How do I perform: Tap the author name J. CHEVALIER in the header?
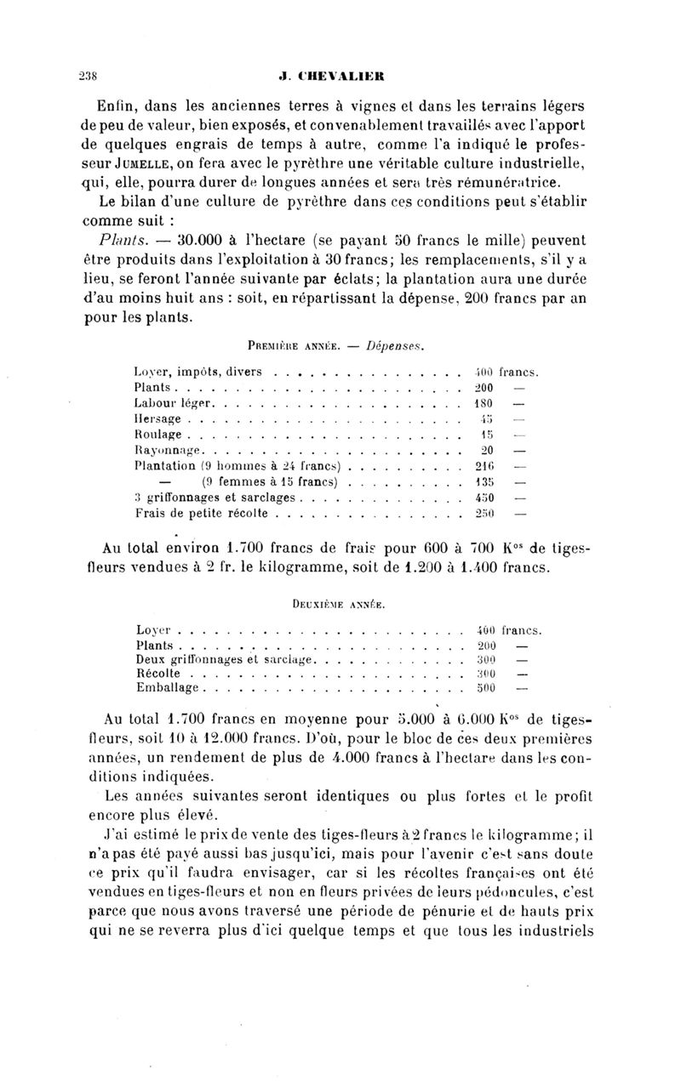pyautogui.click(x=340, y=75)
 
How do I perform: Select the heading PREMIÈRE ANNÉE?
pyautogui.click(x=292, y=346)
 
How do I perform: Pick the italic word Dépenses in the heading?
pyautogui.click(x=397, y=346)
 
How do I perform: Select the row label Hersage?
pyautogui.click(x=157, y=418)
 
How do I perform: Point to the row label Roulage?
pyautogui.click(x=157, y=434)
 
